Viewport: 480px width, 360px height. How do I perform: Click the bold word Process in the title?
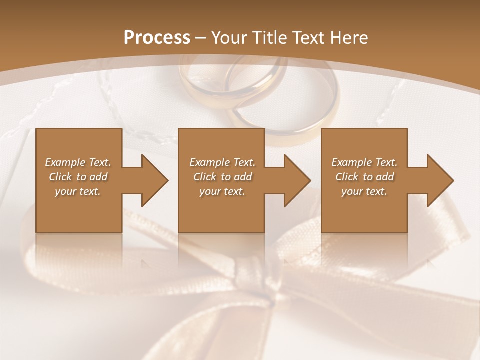[157, 38]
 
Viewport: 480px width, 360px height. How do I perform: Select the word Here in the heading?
[350, 38]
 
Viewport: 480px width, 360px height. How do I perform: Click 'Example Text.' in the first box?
[78, 162]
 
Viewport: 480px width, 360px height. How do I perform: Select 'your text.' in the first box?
[78, 191]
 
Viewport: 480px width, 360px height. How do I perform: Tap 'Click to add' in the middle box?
[222, 177]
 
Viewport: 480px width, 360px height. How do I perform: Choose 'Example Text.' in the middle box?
[222, 162]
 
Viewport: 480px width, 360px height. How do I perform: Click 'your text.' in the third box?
[364, 191]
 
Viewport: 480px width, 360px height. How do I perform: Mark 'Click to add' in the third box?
[364, 177]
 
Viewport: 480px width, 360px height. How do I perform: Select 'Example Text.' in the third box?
[364, 162]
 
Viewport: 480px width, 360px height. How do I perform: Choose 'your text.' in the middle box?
[222, 191]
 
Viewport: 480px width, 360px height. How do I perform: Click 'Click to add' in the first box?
[78, 177]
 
